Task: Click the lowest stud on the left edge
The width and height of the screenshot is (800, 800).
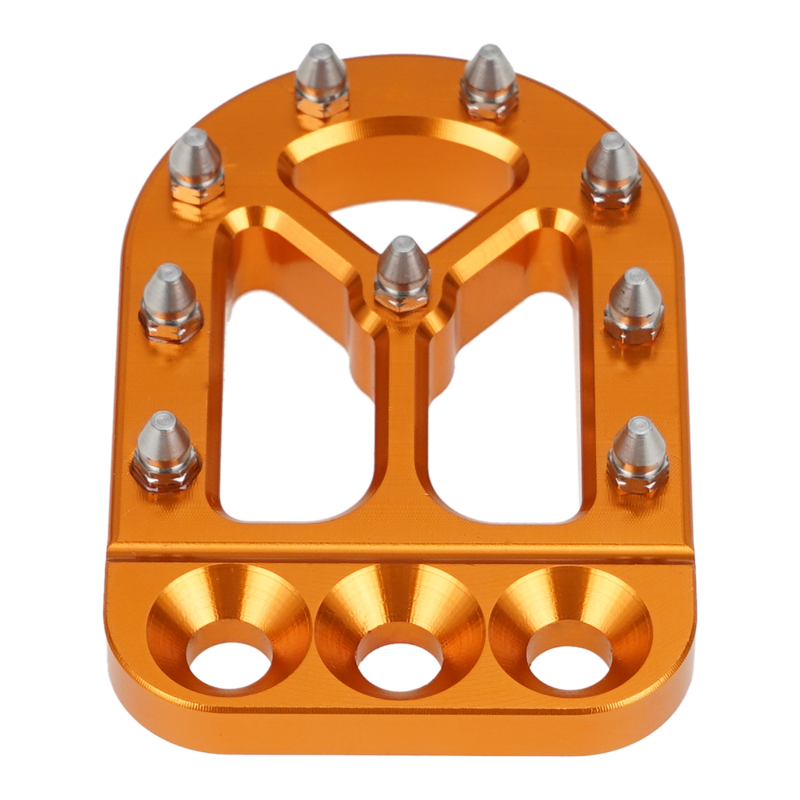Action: point(165,451)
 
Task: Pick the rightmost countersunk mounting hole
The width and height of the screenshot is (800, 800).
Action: point(570,656)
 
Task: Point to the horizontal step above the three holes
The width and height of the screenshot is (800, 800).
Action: point(400,553)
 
